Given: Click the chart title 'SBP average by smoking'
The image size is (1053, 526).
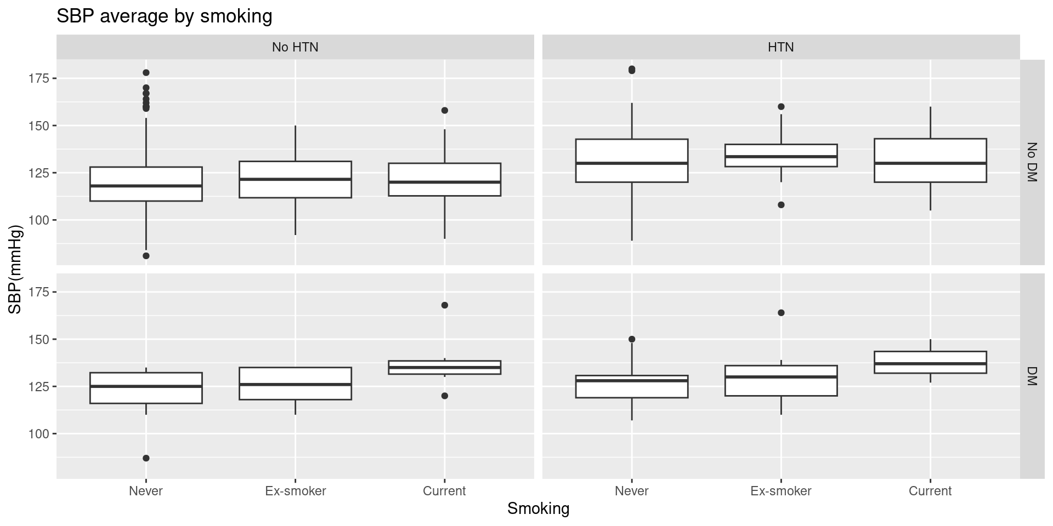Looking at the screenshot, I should (x=165, y=16).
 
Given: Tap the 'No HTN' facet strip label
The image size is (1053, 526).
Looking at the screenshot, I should (x=295, y=47).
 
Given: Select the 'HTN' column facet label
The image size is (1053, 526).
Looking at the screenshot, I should (x=780, y=47).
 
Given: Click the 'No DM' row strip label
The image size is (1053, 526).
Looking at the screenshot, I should (x=1032, y=162).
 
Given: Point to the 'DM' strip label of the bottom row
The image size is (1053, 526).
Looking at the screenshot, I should (x=1032, y=376).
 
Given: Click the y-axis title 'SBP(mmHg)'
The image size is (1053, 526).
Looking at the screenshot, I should (x=15, y=269).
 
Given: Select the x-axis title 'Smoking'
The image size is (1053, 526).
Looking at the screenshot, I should (x=538, y=509).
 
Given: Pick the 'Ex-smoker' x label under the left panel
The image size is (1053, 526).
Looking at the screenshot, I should (x=295, y=491).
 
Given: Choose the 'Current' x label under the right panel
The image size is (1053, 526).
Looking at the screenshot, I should (x=930, y=491).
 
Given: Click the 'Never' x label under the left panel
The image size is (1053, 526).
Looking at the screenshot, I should (x=146, y=491).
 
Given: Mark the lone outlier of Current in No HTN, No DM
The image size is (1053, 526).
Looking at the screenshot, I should (x=445, y=110).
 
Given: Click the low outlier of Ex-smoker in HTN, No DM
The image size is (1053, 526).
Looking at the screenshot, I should (x=781, y=205).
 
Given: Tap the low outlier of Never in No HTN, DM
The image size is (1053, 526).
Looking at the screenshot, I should (x=146, y=458).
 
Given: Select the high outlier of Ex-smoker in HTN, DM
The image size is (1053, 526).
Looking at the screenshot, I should (x=781, y=313).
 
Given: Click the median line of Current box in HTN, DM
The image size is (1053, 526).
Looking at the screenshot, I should (x=930, y=364).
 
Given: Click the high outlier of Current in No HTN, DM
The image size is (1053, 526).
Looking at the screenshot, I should (x=445, y=305).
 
